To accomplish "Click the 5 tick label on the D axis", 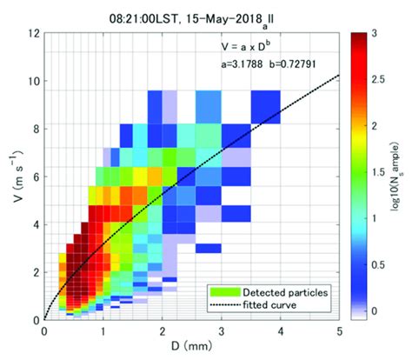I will [x=337, y=330].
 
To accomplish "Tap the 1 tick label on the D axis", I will [x=103, y=330].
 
